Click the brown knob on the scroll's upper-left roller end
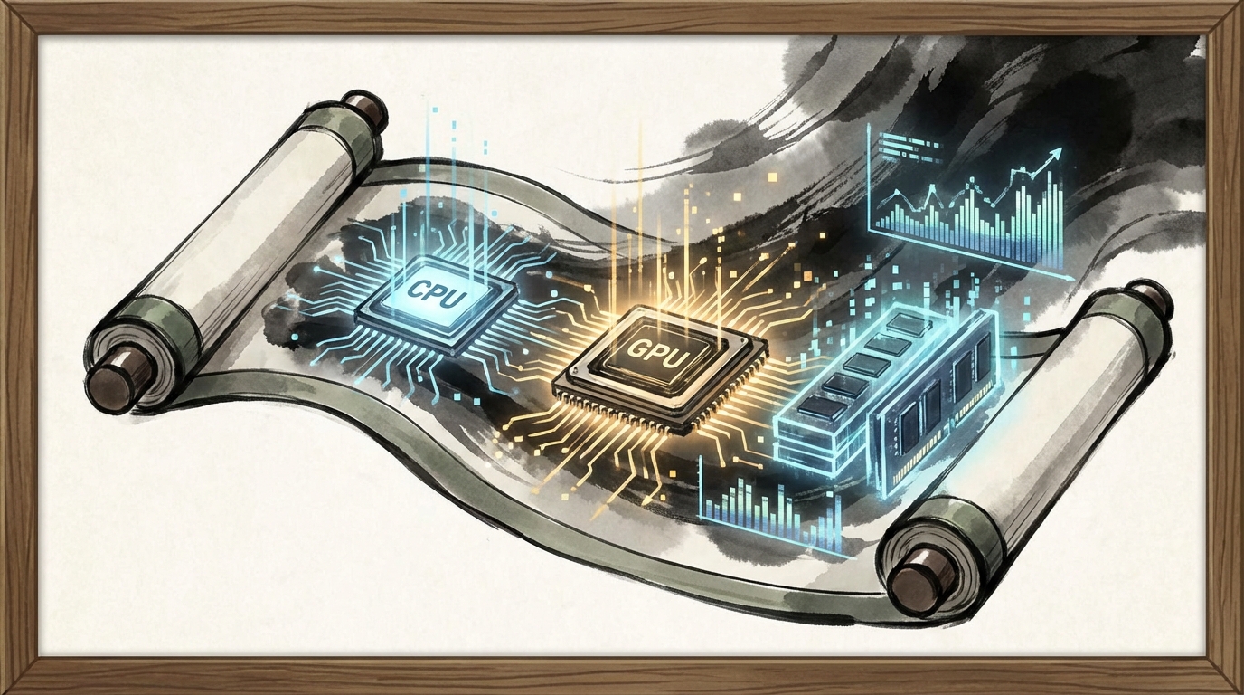[365, 108]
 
